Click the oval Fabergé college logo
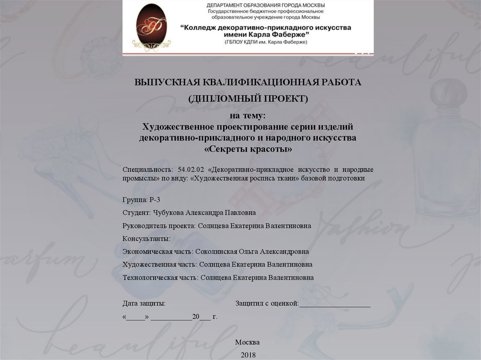pyautogui.click(x=151, y=27)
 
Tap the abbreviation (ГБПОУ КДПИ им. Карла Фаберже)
pyautogui.click(x=265, y=42)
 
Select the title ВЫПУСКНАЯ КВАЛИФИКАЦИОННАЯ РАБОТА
pyautogui.click(x=248, y=83)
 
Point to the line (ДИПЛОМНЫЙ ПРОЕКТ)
pyautogui.click(x=248, y=99)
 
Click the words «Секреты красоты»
pyautogui.click(x=248, y=149)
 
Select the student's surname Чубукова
pyautogui.click(x=169, y=213)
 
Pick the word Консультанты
pyautogui.click(x=146, y=239)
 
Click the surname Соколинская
pyautogui.click(x=215, y=252)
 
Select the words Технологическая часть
pyautogui.click(x=160, y=278)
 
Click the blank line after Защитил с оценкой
pyautogui.click(x=335, y=305)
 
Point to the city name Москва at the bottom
pyautogui.click(x=248, y=342)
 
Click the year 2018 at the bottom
pyautogui.click(x=248, y=355)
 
